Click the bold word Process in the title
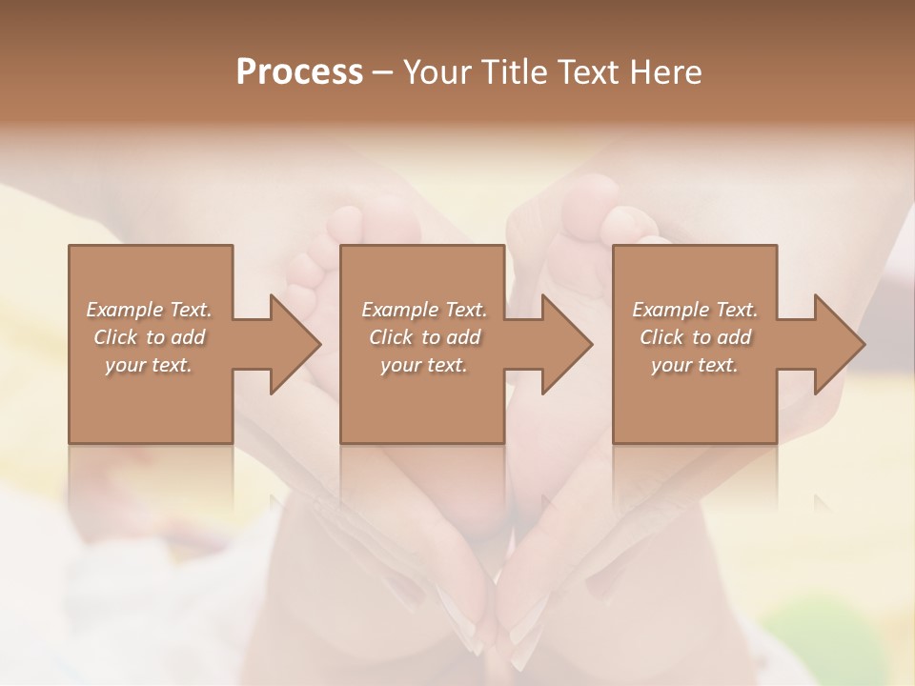(299, 72)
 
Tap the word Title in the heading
(516, 72)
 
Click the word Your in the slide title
(438, 72)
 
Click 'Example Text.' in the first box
(149, 310)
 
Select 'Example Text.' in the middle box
(424, 310)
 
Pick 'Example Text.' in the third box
(695, 310)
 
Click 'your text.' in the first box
(149, 365)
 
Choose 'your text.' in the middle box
(424, 365)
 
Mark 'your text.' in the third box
(695, 365)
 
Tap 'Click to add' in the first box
(149, 337)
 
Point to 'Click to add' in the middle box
(424, 337)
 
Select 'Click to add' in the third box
(695, 337)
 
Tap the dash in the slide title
(383, 72)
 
